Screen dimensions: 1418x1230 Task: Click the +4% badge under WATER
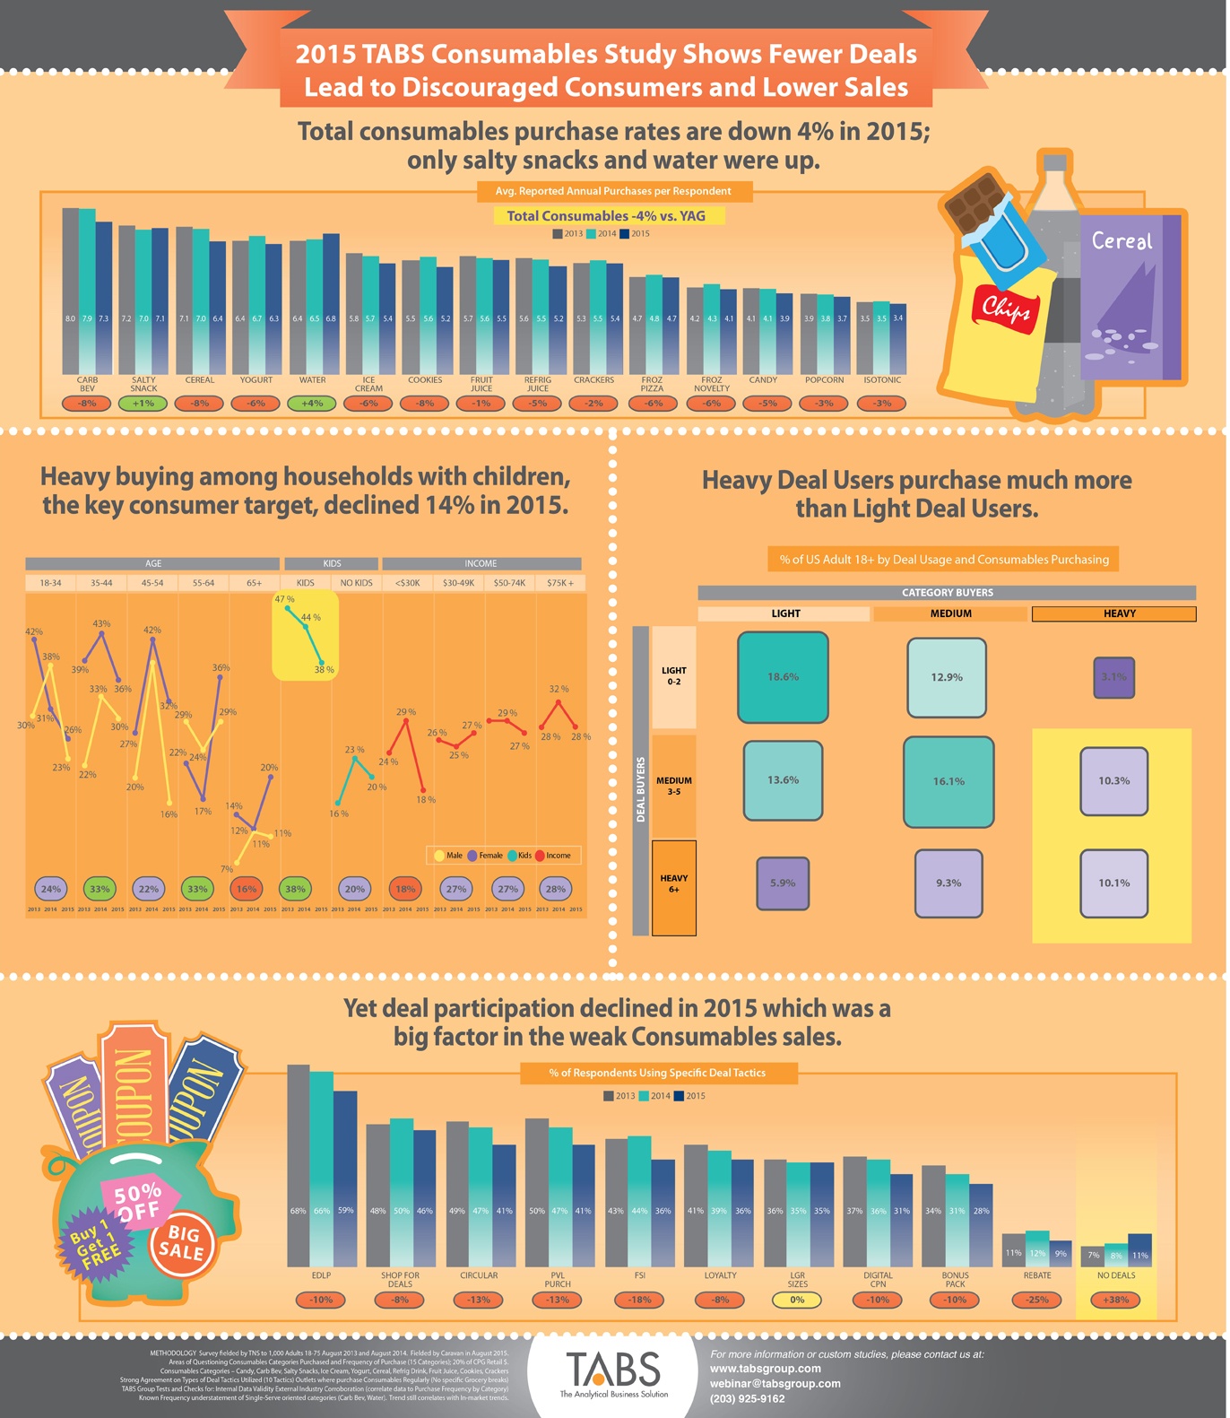[x=312, y=403]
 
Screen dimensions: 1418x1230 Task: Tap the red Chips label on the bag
[x=1005, y=309]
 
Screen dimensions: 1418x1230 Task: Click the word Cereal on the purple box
[x=1122, y=240]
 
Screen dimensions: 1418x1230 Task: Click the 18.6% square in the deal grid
[x=783, y=677]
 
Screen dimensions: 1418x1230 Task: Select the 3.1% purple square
[x=1113, y=677]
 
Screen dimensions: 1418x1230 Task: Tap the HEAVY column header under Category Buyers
[x=1113, y=613]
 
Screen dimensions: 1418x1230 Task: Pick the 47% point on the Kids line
[x=287, y=608]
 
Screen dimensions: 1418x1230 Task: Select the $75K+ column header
[x=560, y=583]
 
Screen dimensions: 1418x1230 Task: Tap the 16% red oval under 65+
[x=247, y=889]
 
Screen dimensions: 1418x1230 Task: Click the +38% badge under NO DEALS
[x=1115, y=1300]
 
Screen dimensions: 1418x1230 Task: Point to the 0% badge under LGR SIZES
[x=797, y=1300]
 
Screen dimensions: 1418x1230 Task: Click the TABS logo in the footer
[x=613, y=1371]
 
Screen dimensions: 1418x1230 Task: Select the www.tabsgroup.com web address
[x=765, y=1369]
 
